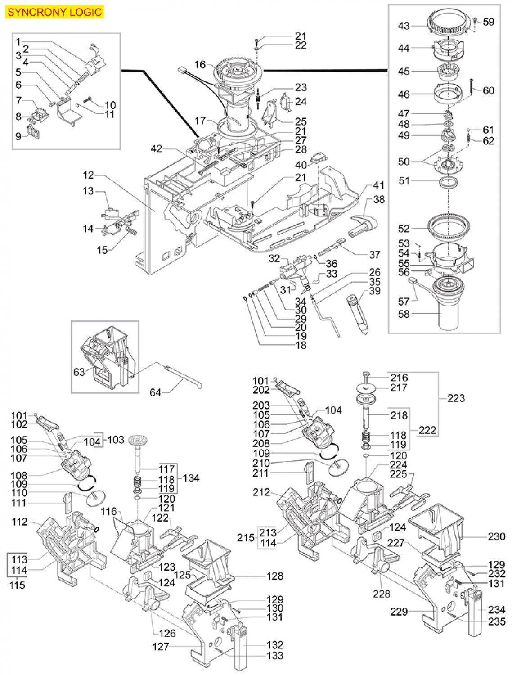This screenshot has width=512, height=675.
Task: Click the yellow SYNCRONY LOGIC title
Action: tap(55, 12)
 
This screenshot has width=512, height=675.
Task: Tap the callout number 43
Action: tap(404, 26)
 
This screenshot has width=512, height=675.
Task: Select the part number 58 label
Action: tap(404, 314)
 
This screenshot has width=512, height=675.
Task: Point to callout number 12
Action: tap(88, 175)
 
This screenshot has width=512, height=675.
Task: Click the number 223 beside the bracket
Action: tap(456, 399)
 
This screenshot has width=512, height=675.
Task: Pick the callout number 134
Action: tap(191, 478)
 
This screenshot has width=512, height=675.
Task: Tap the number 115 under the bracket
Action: tap(17, 585)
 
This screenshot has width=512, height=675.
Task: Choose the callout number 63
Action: tap(79, 372)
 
